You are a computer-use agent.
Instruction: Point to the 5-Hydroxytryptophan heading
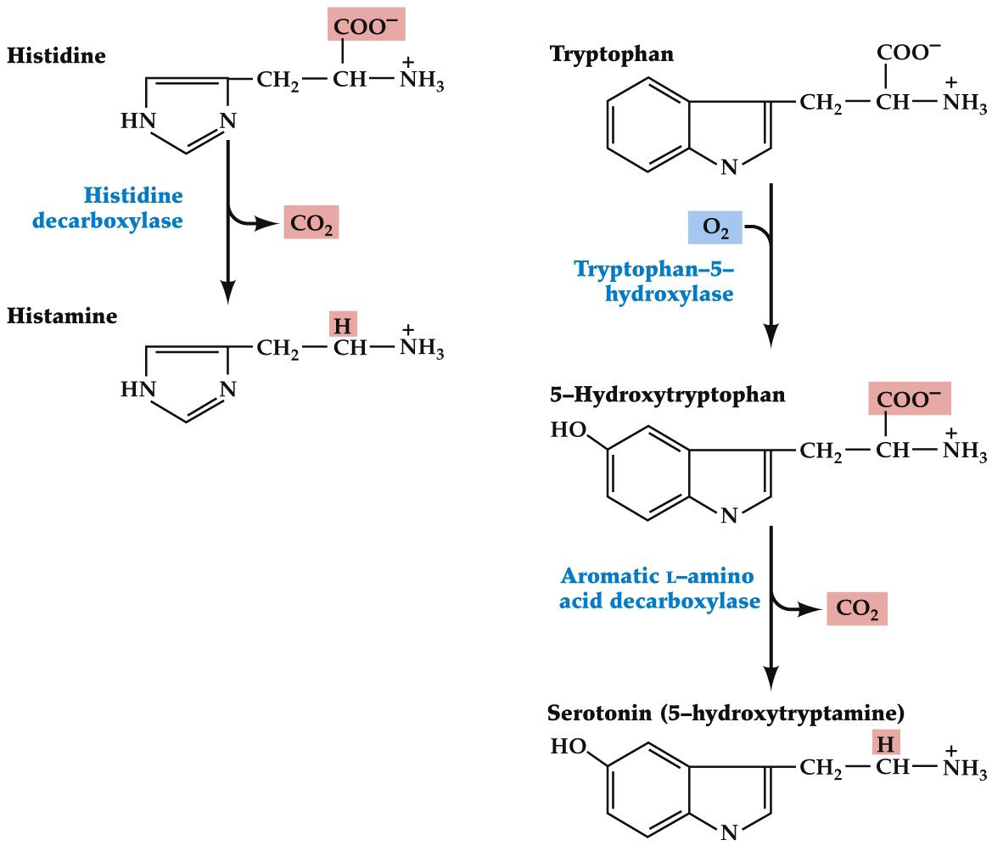pyautogui.click(x=667, y=395)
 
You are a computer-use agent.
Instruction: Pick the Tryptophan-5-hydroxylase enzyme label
pyautogui.click(x=653, y=281)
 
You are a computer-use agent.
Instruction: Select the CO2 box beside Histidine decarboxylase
pyautogui.click(x=311, y=223)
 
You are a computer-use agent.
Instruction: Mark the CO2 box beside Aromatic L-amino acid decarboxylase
pyautogui.click(x=857, y=610)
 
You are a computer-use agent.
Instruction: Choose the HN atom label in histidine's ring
pyautogui.click(x=138, y=121)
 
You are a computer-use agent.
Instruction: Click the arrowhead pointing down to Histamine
pyautogui.click(x=227, y=292)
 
